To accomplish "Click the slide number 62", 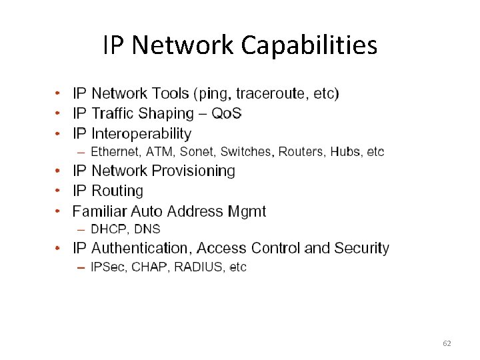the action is coord(447,343).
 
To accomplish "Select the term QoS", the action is coord(227,113).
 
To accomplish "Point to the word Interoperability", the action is coord(141,134).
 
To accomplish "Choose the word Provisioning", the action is coord(193,171).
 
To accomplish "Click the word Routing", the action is coord(117,191).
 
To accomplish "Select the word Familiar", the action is coord(99,211).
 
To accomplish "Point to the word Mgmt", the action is coord(247,212).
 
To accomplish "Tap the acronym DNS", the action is coord(147,229).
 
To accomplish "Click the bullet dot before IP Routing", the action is coord(58,191).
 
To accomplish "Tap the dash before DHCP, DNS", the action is coord(81,229).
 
